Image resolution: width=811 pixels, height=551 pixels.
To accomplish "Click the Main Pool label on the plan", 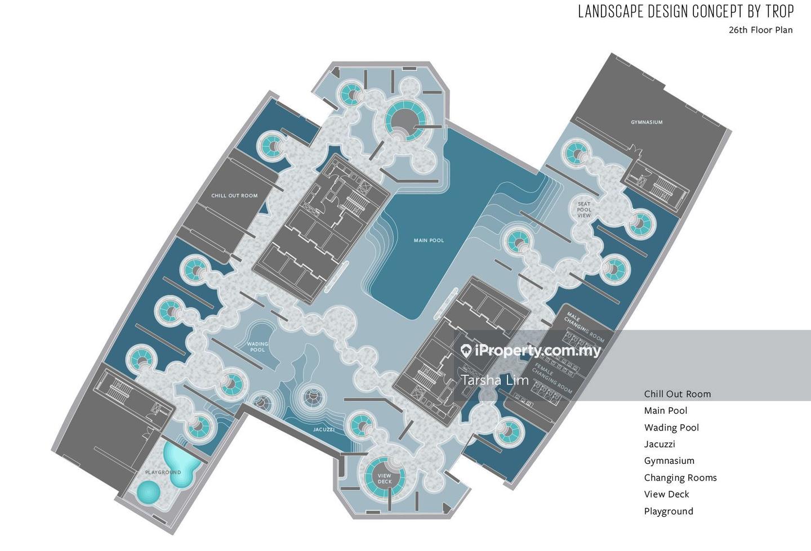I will coord(429,240).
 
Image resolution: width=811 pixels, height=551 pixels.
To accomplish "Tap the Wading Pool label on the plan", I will coord(257,347).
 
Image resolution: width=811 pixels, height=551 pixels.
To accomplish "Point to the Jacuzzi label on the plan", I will coord(324,429).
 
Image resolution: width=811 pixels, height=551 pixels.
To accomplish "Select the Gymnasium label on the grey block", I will coord(647,122).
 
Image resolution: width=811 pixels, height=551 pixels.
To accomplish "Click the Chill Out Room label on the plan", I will coord(234,196).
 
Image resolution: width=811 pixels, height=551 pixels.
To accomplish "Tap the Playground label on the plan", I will coord(163,472).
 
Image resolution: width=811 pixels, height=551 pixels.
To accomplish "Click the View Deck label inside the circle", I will coord(385,479).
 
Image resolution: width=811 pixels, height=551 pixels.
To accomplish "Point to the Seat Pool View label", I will coord(584,209).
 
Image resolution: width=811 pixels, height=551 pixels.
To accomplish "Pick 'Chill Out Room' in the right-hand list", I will coord(677,394).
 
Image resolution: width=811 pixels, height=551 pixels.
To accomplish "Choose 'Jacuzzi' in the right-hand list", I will coord(660,444).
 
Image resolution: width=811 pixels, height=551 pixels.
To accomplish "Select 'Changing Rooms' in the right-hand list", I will coord(680,478).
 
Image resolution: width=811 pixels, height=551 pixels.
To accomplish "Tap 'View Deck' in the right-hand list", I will coord(666,494).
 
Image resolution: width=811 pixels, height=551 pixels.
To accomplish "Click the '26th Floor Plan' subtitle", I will coord(760,30).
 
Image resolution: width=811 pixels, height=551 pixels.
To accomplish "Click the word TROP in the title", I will coord(779,11).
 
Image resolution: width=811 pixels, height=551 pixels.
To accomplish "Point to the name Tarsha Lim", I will coord(495,380).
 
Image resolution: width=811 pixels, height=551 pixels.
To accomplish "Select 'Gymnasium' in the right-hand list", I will coord(669,461).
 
